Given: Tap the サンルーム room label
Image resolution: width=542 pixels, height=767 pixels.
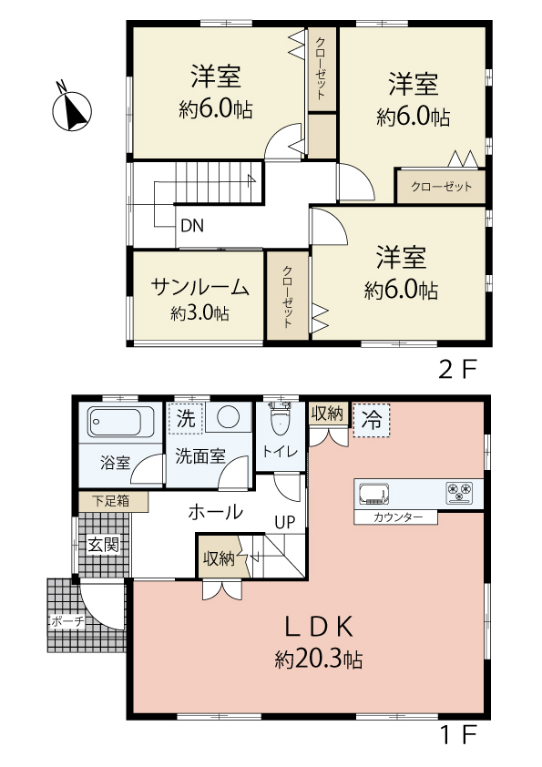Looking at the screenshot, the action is (200, 287).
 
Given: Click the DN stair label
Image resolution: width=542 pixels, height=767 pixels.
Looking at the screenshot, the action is (192, 226).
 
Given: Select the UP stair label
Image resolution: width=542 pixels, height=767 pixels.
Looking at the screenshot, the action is (285, 523).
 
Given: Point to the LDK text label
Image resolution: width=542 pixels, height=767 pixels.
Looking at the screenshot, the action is (319, 627).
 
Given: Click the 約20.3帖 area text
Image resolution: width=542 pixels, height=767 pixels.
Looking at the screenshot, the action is (319, 660).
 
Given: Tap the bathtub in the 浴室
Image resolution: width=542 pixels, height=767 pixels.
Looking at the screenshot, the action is (115, 422).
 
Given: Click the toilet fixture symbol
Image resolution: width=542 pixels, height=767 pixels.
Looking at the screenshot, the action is (280, 418).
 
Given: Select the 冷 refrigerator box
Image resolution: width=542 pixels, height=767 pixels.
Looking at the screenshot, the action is (372, 420).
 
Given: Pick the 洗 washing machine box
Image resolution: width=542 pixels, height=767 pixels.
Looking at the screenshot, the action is (186, 419).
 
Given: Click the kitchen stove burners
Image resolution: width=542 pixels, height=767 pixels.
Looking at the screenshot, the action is (460, 494).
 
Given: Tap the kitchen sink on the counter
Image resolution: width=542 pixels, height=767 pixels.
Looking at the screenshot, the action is (374, 494).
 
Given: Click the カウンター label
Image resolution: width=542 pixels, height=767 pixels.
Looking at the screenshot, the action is (397, 517).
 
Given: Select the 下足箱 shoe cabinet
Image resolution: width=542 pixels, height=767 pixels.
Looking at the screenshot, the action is (113, 502).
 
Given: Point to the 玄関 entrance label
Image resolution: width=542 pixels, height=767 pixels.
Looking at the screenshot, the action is (104, 545).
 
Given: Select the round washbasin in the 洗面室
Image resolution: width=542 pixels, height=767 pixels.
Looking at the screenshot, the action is (228, 417).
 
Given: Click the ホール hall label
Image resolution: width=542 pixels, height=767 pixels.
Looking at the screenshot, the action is (216, 512).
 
